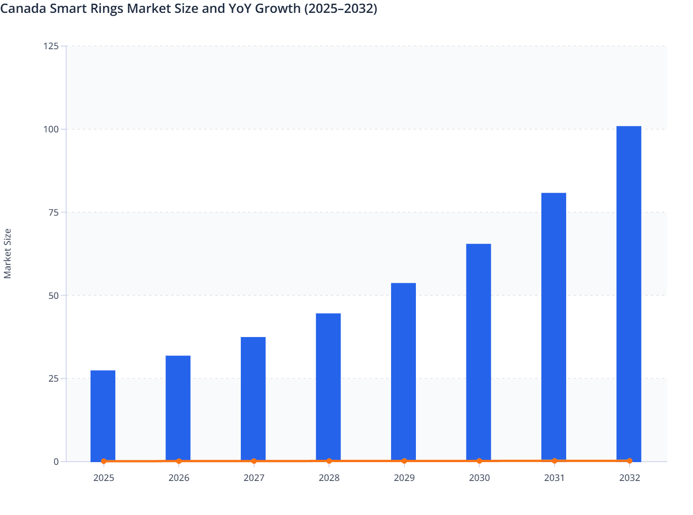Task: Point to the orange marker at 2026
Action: pyautogui.click(x=179, y=461)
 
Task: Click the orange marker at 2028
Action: pyautogui.click(x=329, y=461)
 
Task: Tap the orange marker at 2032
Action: pyautogui.click(x=629, y=460)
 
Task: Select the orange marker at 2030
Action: pyautogui.click(x=479, y=461)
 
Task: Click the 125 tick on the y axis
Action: pyautogui.click(x=51, y=46)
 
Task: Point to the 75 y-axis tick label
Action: pyautogui.click(x=54, y=212)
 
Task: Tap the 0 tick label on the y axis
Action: pyautogui.click(x=56, y=462)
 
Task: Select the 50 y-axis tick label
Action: pyautogui.click(x=54, y=296)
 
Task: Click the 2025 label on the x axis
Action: pyautogui.click(x=104, y=478)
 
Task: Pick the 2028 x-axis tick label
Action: pyautogui.click(x=329, y=478)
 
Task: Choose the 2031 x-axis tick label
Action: pyautogui.click(x=554, y=478)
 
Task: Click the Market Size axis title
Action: pyautogui.click(x=8, y=254)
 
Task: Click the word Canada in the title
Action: pyautogui.click(x=23, y=8)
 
